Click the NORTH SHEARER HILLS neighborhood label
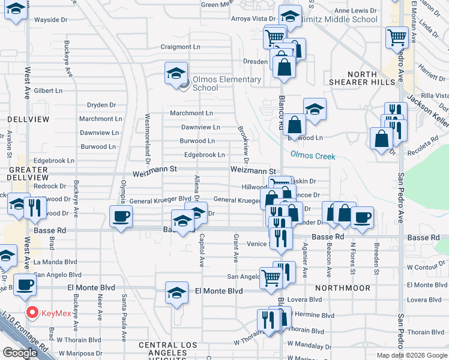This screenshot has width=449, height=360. point(360,77)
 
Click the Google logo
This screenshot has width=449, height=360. point(20,353)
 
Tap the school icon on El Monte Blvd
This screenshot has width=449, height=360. point(176,293)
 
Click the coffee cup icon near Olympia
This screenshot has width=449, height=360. point(121,217)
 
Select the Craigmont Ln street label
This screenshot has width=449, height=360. point(180,47)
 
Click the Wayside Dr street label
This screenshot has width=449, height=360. point(50,20)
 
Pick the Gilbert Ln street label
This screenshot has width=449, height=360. point(48,91)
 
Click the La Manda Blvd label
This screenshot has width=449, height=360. point(56,262)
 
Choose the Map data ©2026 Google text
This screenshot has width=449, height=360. point(411,355)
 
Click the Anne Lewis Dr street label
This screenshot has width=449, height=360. point(357,11)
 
